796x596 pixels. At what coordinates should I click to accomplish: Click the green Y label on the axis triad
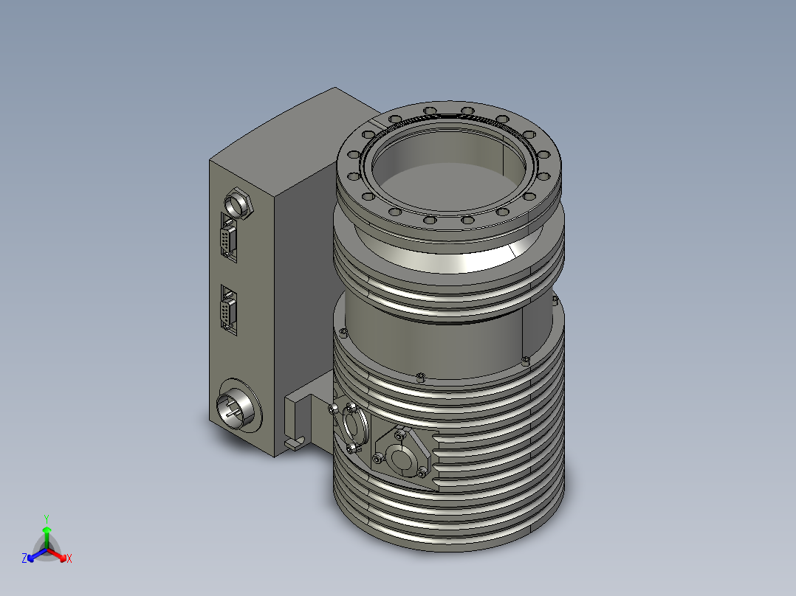pos(47,519)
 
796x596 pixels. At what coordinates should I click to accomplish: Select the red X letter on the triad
pos(69,559)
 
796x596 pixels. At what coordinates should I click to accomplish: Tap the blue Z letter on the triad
pos(24,559)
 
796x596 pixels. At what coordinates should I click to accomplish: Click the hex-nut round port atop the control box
pos(238,201)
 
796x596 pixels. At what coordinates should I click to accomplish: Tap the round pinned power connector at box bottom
pos(236,406)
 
